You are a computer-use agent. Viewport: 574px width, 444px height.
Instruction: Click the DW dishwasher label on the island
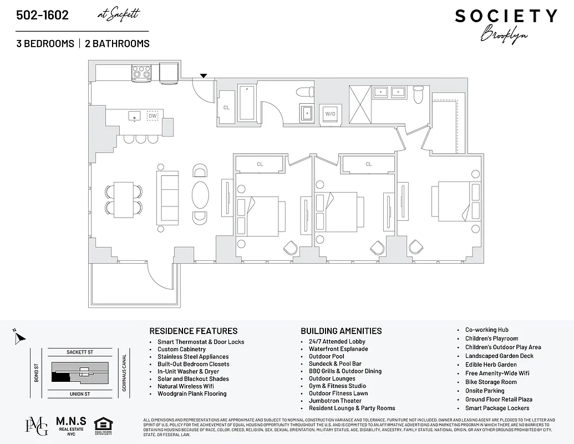(153, 115)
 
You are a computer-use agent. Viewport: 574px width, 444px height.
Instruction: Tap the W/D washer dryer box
(331, 114)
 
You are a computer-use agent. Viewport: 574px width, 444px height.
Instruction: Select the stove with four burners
(141, 73)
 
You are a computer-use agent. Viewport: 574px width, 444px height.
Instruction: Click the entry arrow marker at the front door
(204, 75)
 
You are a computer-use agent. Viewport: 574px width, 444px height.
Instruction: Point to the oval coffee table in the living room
(201, 194)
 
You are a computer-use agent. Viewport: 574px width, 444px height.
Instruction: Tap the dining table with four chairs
(124, 199)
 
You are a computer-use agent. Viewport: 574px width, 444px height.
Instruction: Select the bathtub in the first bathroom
(246, 103)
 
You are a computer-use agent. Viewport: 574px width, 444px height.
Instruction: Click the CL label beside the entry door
(226, 108)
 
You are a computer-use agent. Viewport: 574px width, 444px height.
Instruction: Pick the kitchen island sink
(134, 115)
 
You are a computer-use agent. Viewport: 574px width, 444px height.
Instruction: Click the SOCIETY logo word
(506, 16)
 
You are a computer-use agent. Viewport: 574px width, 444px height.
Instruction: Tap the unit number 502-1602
(43, 15)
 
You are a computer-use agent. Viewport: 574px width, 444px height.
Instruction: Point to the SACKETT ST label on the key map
(80, 352)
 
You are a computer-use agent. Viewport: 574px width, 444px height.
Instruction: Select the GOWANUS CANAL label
(124, 373)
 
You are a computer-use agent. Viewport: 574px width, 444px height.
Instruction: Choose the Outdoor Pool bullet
(326, 356)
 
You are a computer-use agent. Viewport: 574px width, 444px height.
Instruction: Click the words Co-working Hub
(486, 330)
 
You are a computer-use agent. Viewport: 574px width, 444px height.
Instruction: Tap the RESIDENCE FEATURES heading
(194, 331)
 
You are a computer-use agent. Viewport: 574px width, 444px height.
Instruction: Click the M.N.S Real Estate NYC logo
(70, 426)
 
